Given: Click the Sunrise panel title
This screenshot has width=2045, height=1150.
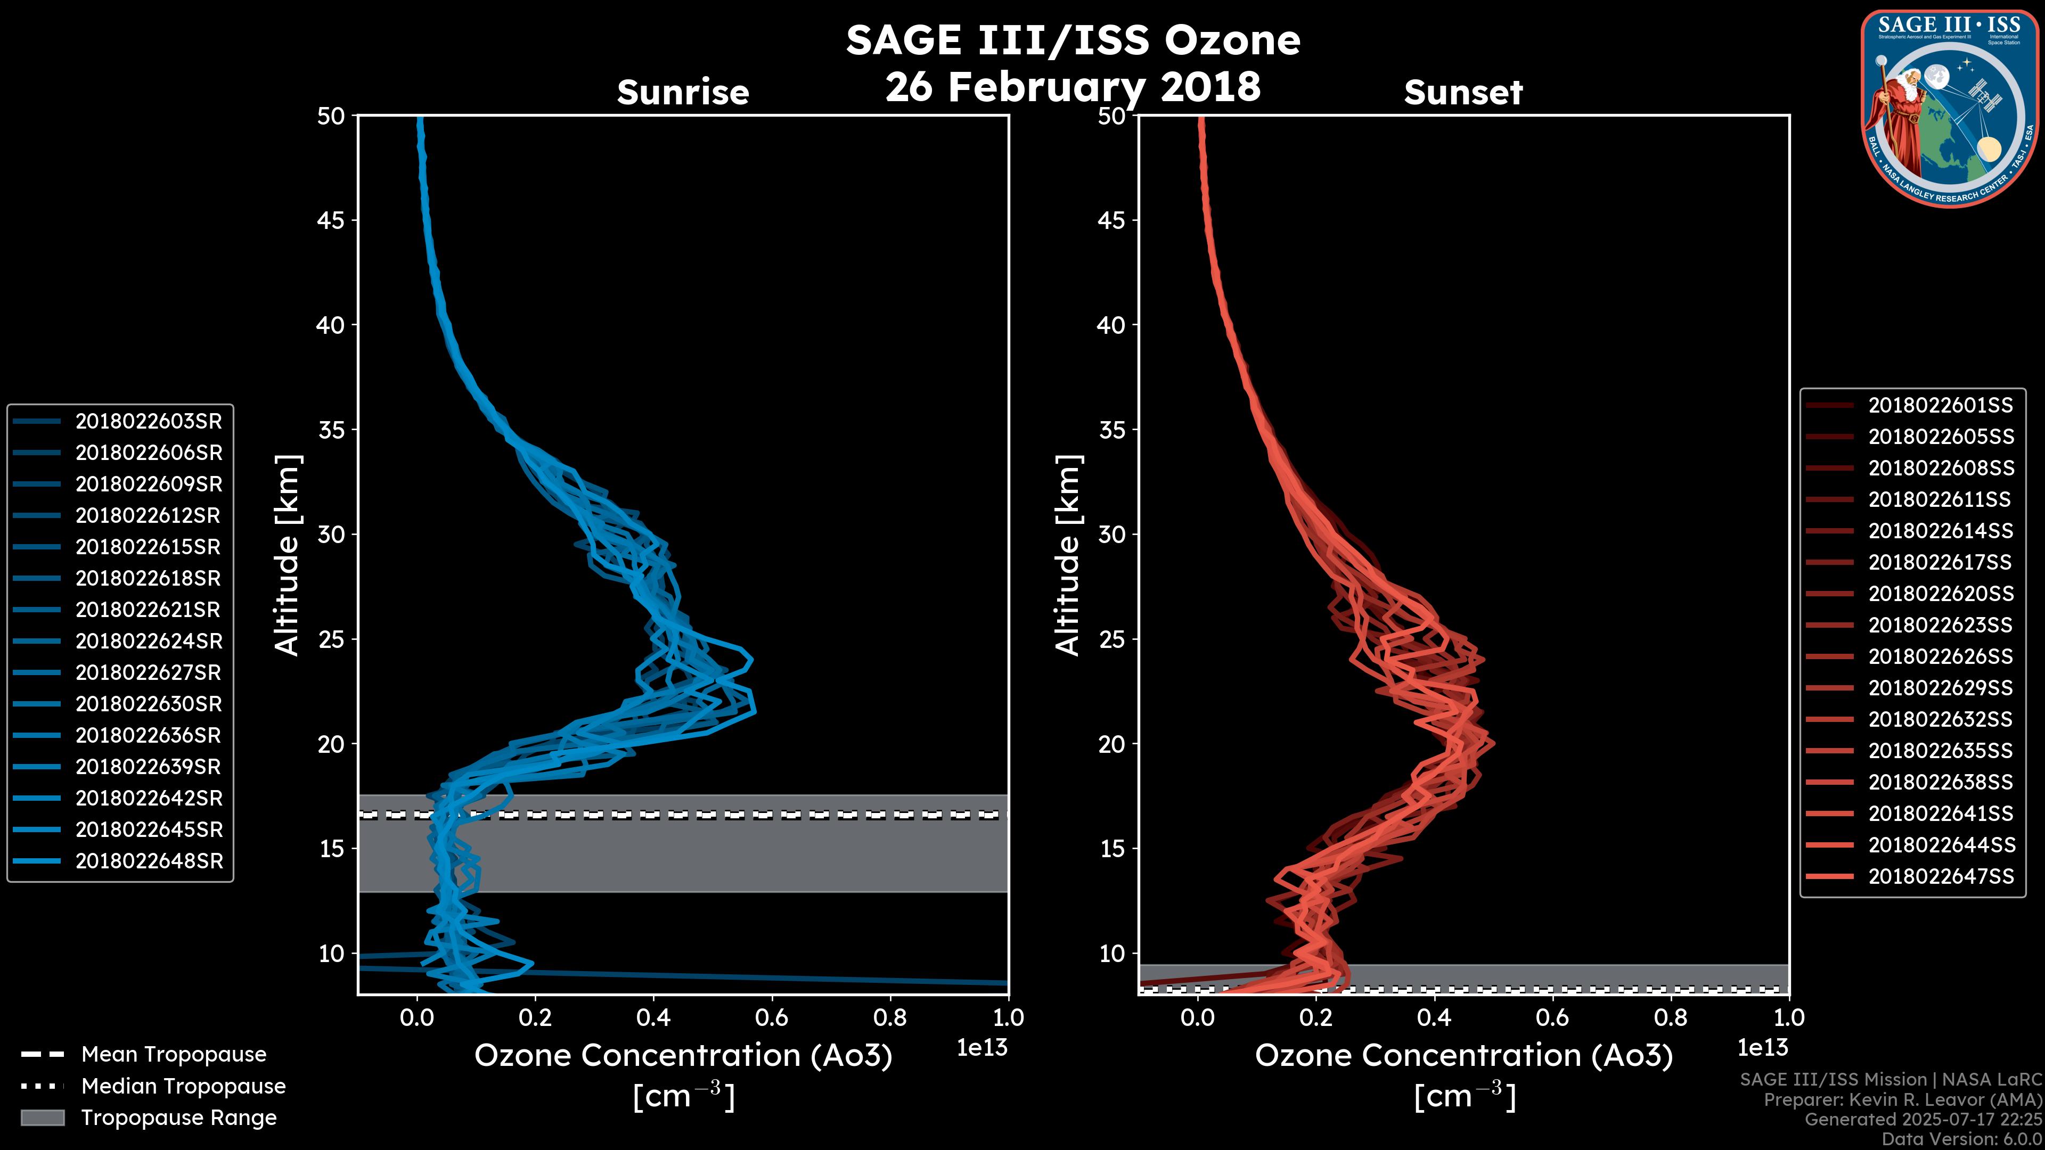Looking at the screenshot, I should coord(683,92).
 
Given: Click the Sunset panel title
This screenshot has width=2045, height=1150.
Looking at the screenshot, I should coord(1463,92).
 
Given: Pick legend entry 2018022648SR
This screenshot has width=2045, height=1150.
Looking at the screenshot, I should coord(149,861).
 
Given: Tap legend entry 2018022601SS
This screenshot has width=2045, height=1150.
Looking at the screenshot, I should coord(1940,406).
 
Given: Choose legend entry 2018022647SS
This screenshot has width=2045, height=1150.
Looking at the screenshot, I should coord(1940,876).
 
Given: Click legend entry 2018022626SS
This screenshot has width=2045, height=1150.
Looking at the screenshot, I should coord(1940,656).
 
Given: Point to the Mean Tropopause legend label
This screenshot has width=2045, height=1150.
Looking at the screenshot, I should coord(174,1054).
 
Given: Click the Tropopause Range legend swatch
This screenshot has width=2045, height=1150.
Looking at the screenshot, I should coord(43,1118).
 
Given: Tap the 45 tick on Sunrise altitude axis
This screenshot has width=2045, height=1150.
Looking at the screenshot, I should coord(331,220).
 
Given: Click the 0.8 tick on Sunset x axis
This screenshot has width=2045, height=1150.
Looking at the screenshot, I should coord(1670,1017).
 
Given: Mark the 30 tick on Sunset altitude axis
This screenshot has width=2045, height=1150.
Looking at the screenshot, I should coord(1112,534).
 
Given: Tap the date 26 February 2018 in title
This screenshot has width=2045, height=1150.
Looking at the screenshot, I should coord(1073,86).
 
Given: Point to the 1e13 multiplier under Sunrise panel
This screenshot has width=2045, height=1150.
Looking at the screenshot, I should coord(982,1048).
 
